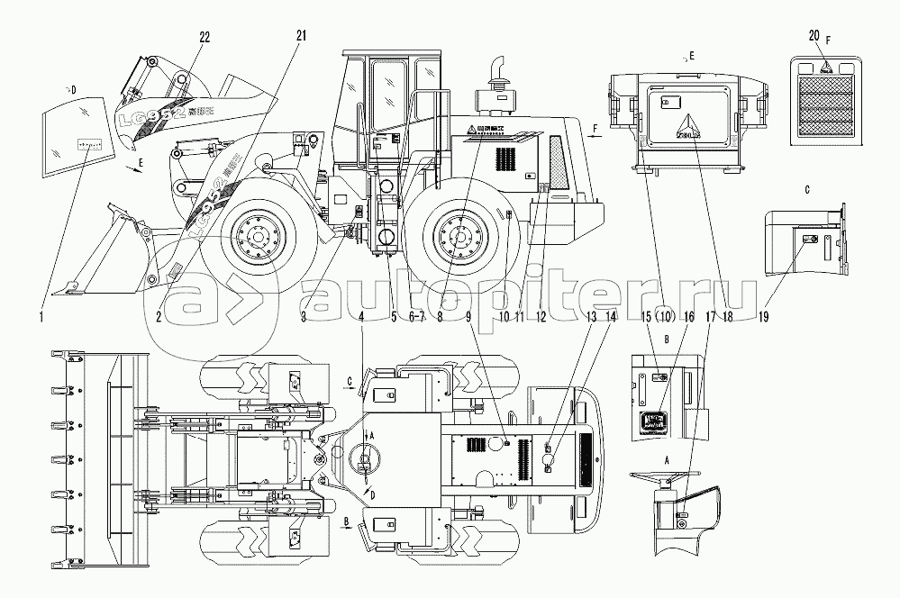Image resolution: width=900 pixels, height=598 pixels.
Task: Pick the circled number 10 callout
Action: pyautogui.click(x=664, y=316)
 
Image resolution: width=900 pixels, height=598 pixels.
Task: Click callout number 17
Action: pyautogui.click(x=711, y=317)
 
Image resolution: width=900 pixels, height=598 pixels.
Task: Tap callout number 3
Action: pyautogui.click(x=305, y=317)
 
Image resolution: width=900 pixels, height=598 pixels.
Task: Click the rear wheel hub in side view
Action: pyautogui.click(x=459, y=238)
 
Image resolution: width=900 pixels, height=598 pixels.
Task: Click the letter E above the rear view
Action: pyautogui.click(x=691, y=56)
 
